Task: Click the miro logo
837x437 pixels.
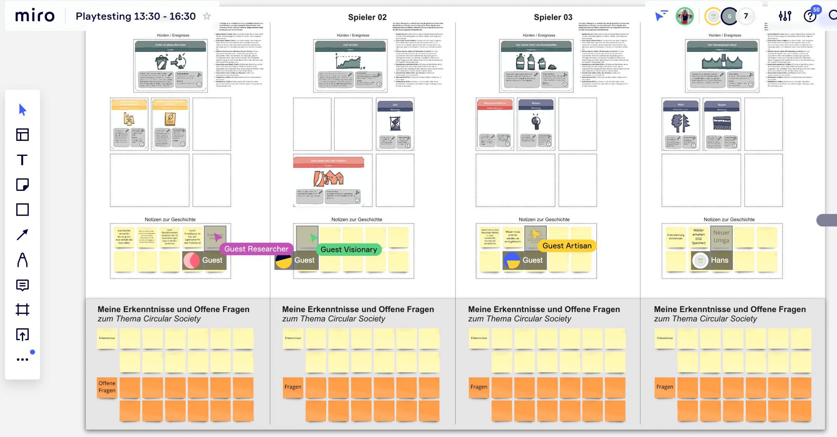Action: (35, 16)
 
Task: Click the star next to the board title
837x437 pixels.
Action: (207, 16)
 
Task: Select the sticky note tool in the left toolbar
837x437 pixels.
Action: (22, 185)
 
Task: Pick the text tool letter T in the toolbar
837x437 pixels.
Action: (22, 160)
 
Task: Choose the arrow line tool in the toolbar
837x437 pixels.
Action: (22, 234)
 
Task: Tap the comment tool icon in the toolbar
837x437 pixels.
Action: (22, 285)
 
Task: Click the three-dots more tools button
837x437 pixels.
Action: (22, 360)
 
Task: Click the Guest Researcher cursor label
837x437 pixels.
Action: (256, 249)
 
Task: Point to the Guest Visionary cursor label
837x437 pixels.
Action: (349, 250)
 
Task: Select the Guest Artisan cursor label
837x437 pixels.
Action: (567, 246)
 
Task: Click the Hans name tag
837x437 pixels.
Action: (719, 260)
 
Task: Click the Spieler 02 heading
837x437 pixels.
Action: (367, 17)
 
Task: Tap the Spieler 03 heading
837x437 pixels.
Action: (553, 17)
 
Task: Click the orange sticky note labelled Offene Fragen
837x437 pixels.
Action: (107, 387)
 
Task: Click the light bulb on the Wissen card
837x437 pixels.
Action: (536, 122)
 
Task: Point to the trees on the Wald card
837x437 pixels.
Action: (680, 123)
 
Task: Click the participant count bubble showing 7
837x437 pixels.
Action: (746, 16)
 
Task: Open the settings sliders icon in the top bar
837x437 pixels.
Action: (785, 16)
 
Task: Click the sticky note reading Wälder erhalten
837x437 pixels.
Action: (698, 237)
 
